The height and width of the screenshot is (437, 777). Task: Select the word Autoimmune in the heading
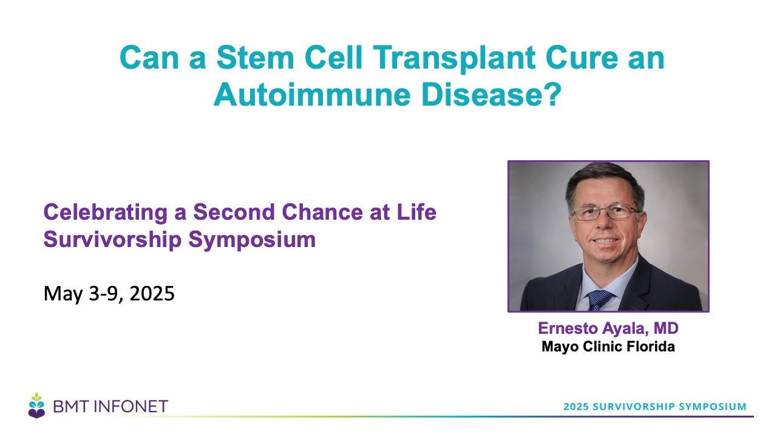[312, 95]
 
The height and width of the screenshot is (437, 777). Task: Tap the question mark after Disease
[552, 94]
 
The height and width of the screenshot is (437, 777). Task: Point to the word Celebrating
[106, 212]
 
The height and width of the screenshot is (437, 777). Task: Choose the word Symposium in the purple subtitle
[252, 240]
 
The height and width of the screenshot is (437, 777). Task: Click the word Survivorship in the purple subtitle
[112, 240]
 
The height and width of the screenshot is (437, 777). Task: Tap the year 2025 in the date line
[152, 293]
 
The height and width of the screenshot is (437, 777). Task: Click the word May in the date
[63, 294]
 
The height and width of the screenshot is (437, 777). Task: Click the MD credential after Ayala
[666, 328]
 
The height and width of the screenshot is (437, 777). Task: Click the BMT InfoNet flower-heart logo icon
[36, 406]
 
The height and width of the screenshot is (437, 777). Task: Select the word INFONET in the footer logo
[132, 406]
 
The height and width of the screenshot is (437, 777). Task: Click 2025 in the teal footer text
[576, 407]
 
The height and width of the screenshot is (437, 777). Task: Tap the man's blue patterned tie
[599, 300]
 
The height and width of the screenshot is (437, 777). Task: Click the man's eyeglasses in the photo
[605, 212]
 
